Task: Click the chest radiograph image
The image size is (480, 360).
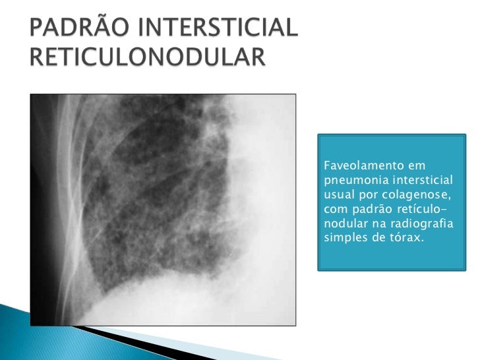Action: pos(162,210)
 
